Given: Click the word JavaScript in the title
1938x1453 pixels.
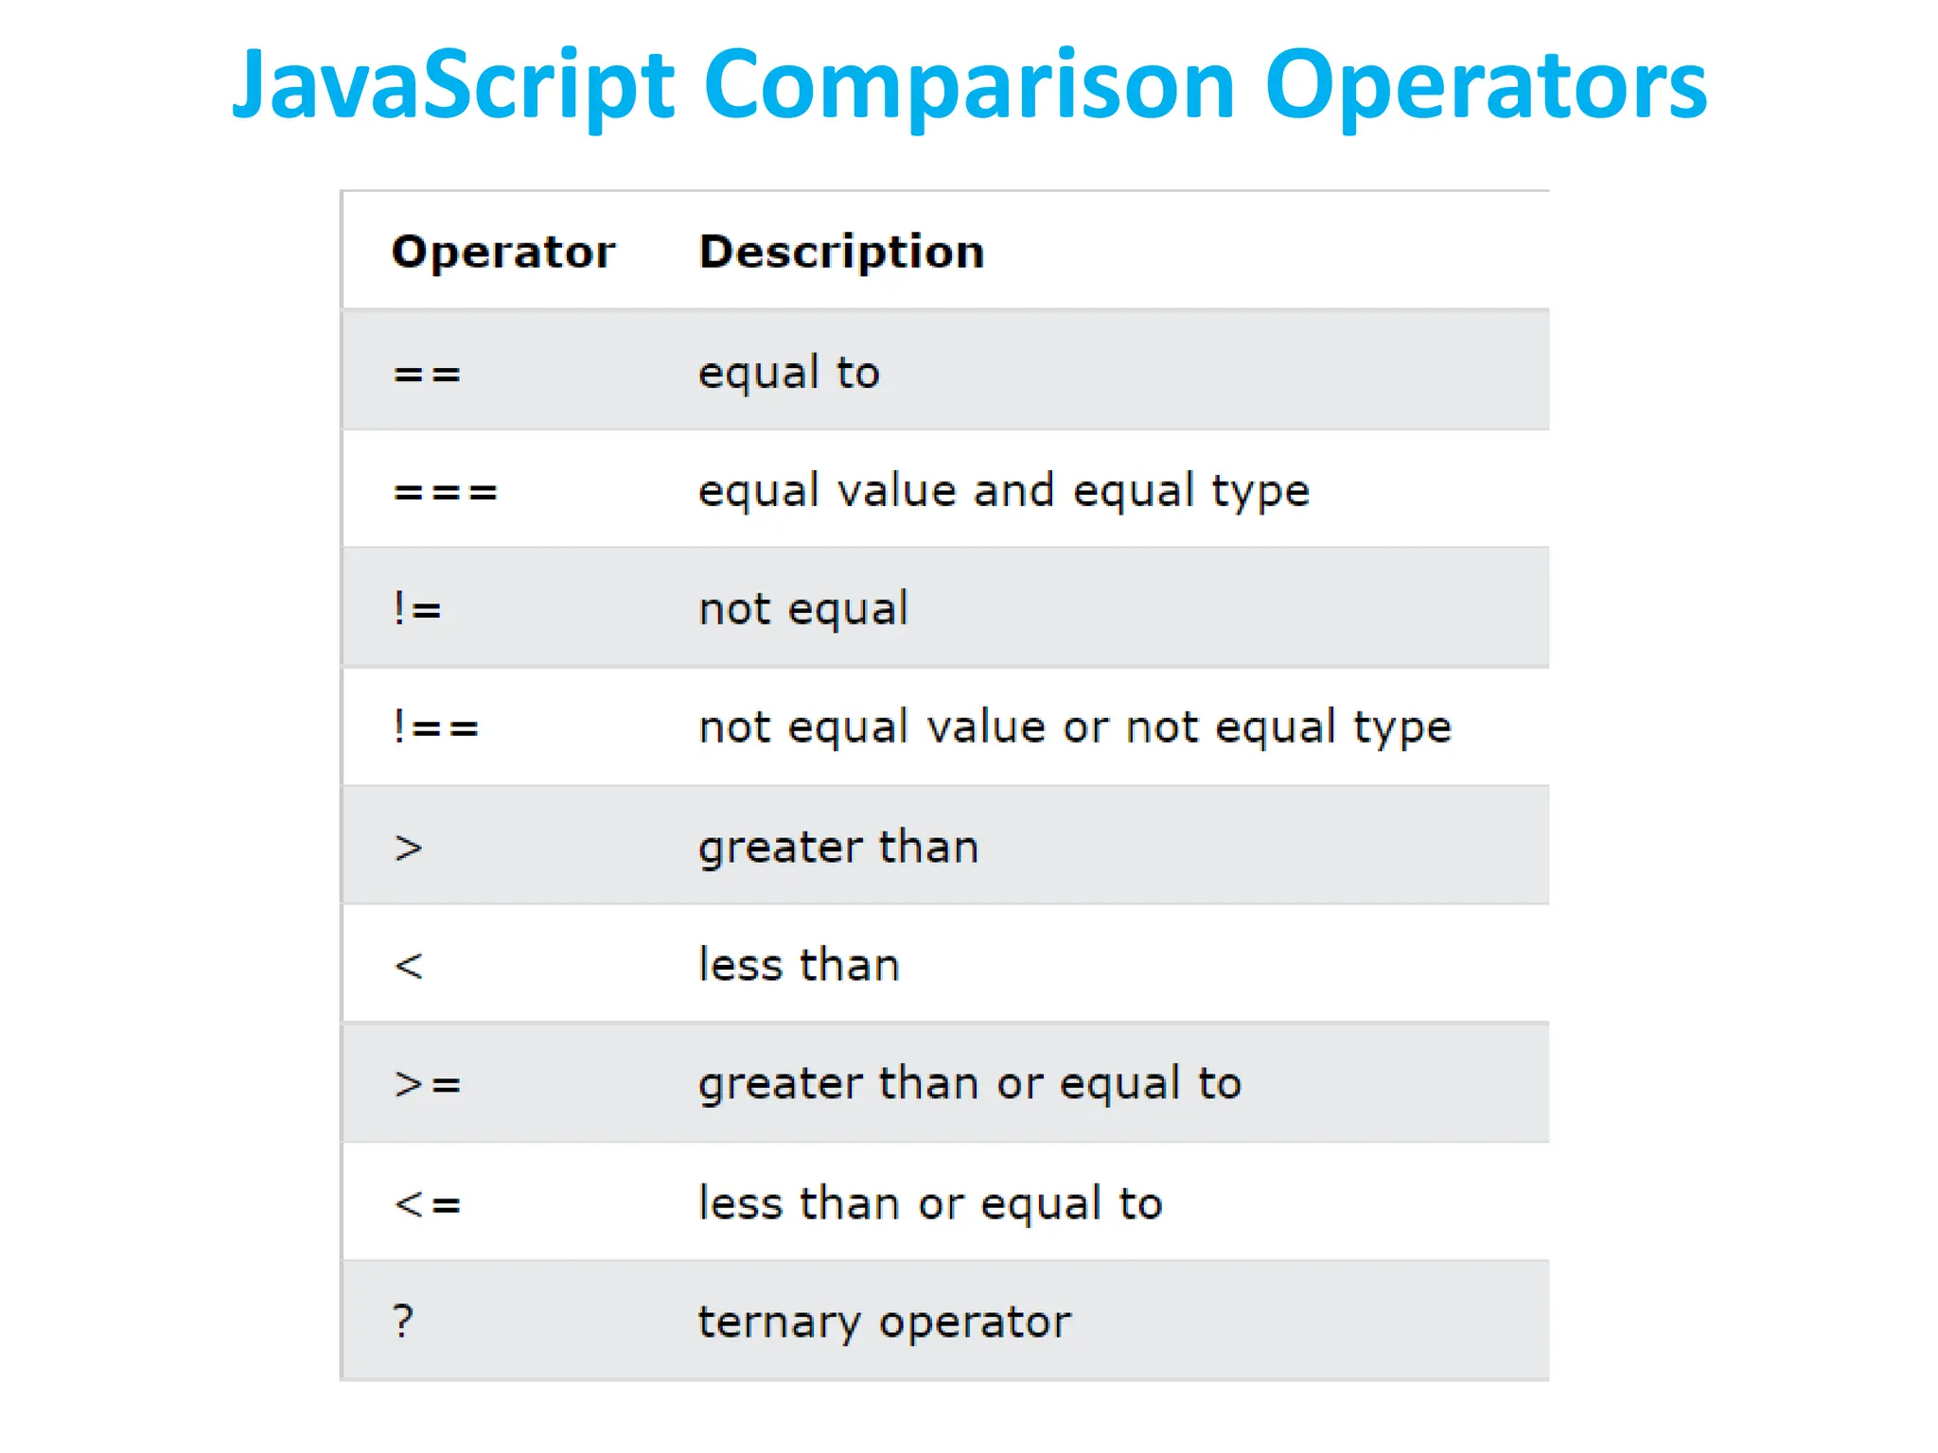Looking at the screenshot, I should tap(452, 87).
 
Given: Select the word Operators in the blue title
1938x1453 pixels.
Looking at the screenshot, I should tap(1486, 87).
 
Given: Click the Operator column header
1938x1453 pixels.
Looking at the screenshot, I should tap(503, 253).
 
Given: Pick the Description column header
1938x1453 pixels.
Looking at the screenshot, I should tap(841, 253).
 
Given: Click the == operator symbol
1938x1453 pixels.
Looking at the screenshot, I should tap(427, 375).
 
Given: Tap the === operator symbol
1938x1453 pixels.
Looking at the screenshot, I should tap(445, 493).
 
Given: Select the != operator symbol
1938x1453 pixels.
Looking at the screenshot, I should tap(417, 610).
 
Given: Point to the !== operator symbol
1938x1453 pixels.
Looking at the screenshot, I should tap(436, 728).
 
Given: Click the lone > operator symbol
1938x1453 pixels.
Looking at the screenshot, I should tap(408, 848).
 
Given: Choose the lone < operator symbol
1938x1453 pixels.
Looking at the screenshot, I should tap(408, 966).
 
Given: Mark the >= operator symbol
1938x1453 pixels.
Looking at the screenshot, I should tap(427, 1084).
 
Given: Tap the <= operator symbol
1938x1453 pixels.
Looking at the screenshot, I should tap(427, 1204).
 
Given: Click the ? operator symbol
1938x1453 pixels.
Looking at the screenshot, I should tap(403, 1321).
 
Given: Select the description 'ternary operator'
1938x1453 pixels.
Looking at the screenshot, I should tap(884, 1322).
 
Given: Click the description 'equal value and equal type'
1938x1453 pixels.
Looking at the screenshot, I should tap(1003, 492).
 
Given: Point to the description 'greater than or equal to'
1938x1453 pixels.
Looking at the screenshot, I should tap(969, 1084).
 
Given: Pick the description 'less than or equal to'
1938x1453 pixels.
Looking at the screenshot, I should tap(930, 1203).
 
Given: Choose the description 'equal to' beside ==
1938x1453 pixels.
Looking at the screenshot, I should tap(788, 374).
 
